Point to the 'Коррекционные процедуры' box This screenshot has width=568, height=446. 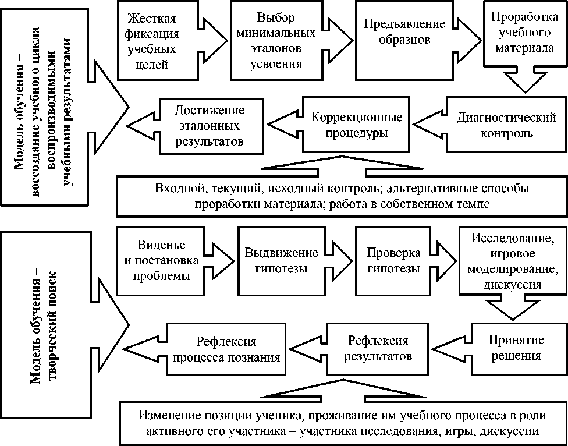[356, 125]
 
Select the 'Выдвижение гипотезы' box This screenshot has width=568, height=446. [281, 260]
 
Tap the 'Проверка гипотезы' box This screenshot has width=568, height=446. [393, 260]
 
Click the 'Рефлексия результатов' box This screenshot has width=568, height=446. [378, 348]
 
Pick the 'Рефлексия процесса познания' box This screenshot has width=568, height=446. [226, 348]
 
